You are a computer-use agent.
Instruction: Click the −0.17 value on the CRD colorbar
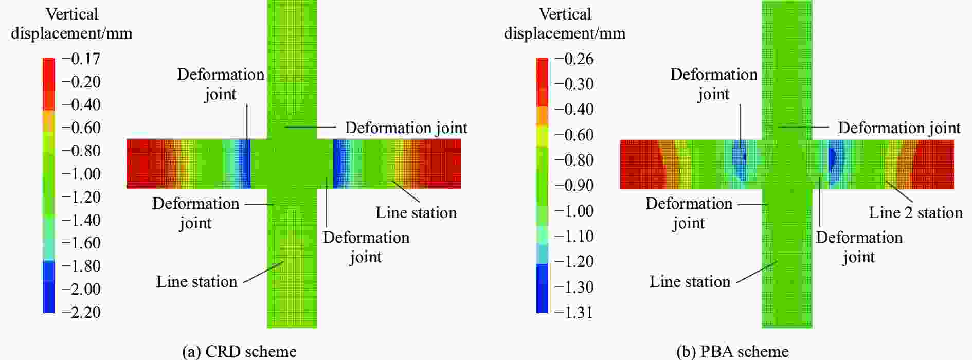coord(81,59)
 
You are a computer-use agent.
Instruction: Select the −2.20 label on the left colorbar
coord(81,312)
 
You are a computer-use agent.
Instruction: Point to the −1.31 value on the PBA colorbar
coord(574,312)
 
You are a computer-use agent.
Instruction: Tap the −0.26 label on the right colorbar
coord(574,59)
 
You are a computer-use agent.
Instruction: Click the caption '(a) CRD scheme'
coord(239,351)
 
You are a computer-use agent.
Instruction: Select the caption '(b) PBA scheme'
coord(732,351)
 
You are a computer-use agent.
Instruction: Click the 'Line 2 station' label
coord(915,212)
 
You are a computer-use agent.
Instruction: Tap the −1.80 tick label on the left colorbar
coord(81,266)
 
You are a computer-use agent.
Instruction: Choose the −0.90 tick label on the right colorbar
coord(574,185)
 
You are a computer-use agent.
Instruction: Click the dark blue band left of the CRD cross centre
coord(245,164)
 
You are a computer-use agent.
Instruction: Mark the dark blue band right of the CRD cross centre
coord(338,164)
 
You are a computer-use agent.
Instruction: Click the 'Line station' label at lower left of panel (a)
coord(196,282)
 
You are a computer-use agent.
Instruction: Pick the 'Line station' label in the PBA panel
coord(690,282)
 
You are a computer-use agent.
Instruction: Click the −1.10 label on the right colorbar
coord(574,236)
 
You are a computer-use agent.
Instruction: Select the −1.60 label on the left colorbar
coord(81,243)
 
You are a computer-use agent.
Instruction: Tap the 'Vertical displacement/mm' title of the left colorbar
coord(71,24)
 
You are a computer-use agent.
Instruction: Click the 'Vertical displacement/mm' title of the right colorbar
coord(565,24)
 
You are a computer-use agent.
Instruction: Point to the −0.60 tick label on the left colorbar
coord(81,128)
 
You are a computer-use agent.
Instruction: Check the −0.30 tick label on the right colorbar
coord(574,84)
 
